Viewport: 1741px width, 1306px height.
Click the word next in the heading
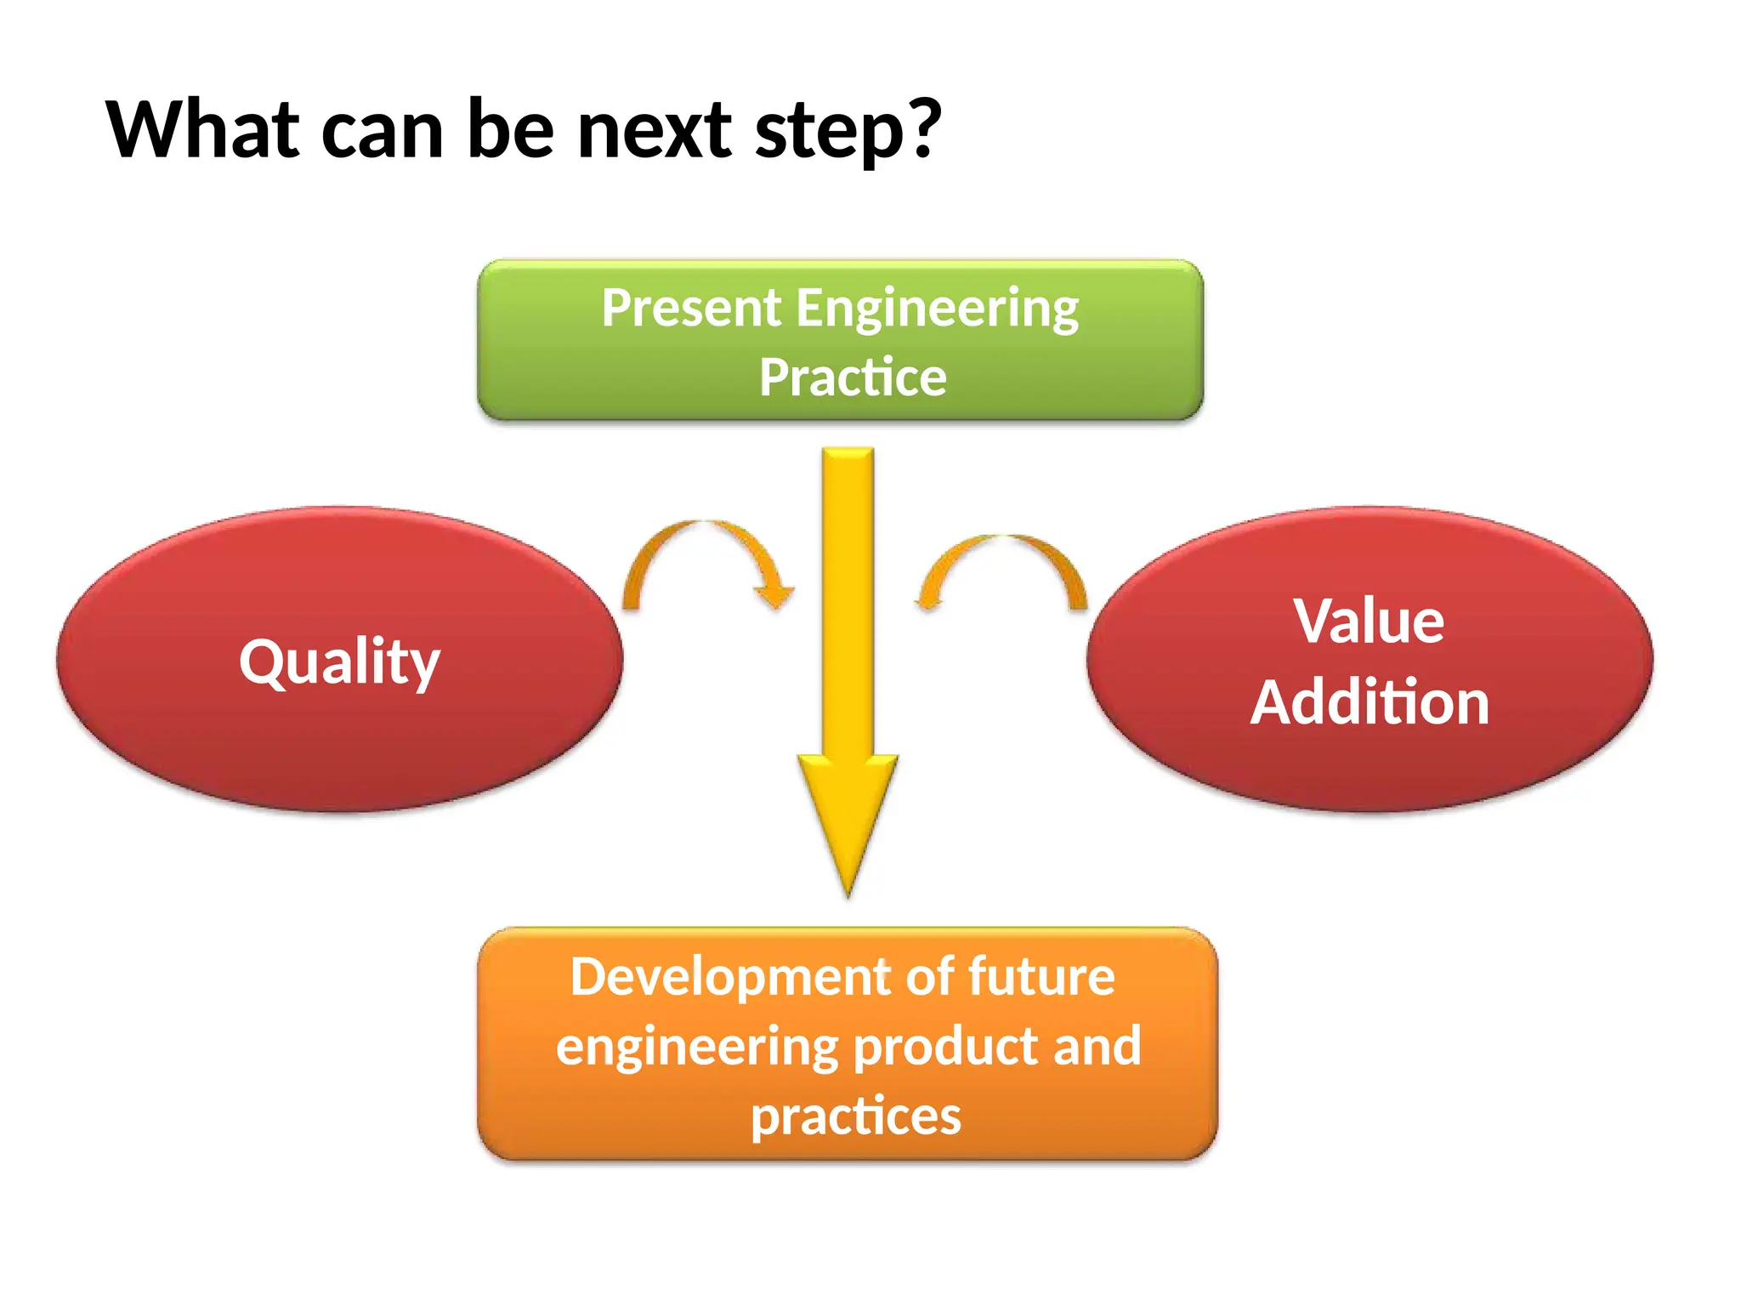(x=654, y=132)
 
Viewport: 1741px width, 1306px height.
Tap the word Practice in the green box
(x=852, y=378)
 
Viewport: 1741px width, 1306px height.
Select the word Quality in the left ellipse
(x=339, y=662)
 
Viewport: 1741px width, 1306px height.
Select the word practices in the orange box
(x=855, y=1116)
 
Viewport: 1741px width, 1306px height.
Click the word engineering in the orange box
(x=697, y=1048)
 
